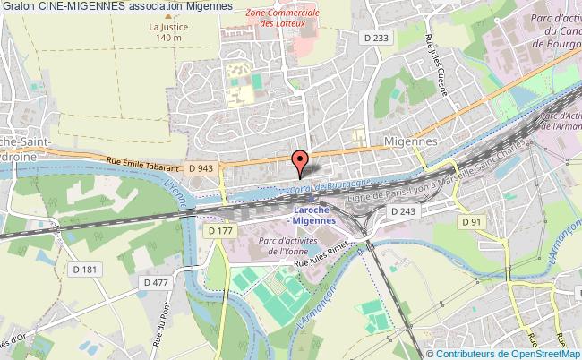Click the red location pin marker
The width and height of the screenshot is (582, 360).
click(x=301, y=162)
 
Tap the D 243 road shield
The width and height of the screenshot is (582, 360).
click(x=405, y=210)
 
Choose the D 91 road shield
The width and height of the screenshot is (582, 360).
click(x=472, y=221)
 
